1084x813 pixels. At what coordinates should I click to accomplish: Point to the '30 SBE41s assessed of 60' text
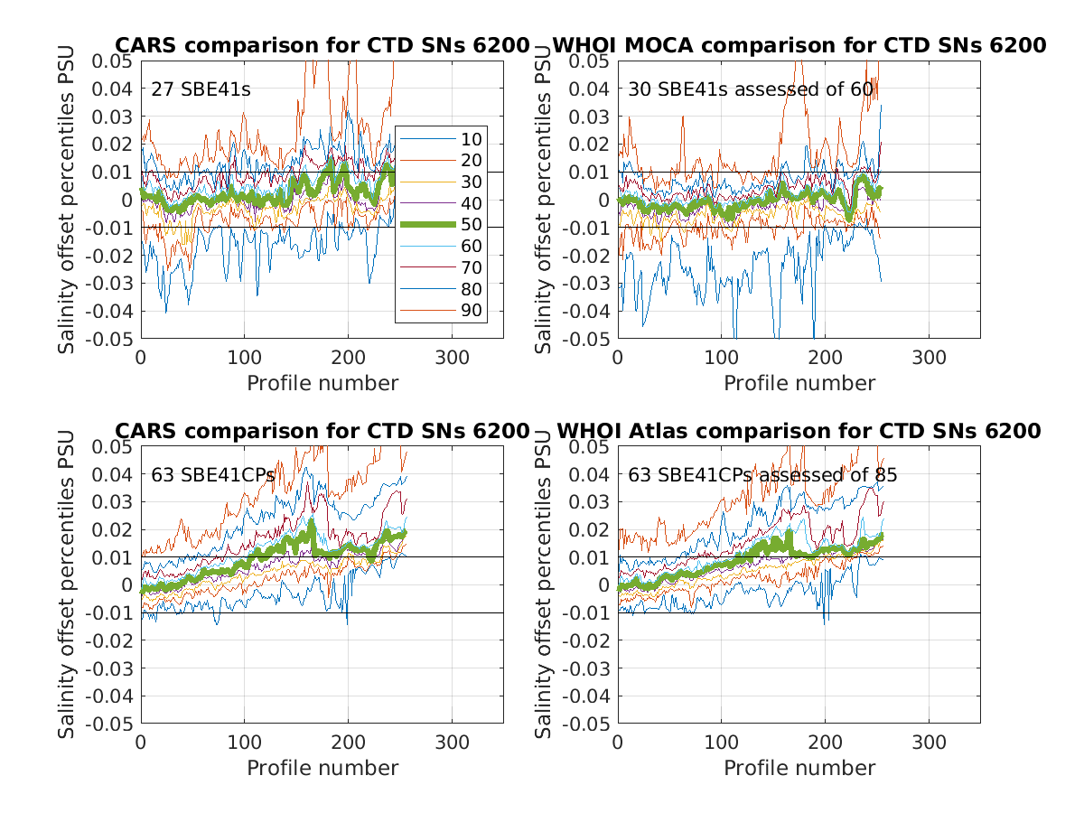[x=751, y=89]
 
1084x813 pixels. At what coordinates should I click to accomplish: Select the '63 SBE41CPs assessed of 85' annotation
[x=762, y=475]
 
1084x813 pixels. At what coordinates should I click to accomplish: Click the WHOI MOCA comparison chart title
[x=799, y=45]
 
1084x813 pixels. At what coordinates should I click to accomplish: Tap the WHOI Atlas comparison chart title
[x=799, y=431]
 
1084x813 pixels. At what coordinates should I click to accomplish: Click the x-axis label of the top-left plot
[x=322, y=383]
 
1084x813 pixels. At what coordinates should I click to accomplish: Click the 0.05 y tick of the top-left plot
[x=114, y=61]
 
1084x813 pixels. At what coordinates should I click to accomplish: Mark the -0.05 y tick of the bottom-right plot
[x=586, y=724]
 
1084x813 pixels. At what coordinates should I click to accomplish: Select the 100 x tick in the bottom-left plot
[x=244, y=742]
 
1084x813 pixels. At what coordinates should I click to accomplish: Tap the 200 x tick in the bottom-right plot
[x=825, y=742]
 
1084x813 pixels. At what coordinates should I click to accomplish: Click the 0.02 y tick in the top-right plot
[x=591, y=144]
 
